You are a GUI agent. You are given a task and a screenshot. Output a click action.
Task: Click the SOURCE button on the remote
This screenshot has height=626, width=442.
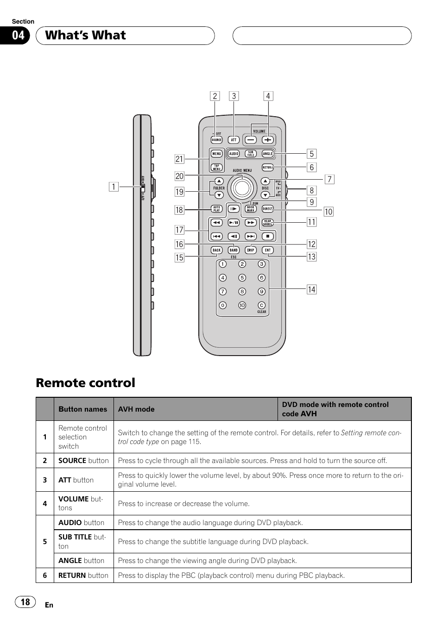[216, 140]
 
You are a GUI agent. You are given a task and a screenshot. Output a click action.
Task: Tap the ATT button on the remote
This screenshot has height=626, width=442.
[234, 140]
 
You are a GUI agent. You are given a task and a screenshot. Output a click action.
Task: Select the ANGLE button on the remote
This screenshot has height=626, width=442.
[268, 154]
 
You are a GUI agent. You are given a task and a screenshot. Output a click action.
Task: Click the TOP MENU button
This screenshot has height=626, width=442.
[216, 168]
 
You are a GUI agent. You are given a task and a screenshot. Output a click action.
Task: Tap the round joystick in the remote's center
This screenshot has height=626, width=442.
[242, 188]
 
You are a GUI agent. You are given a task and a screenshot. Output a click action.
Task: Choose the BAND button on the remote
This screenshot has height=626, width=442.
[234, 250]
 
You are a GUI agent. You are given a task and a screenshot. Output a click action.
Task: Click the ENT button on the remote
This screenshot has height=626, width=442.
[268, 250]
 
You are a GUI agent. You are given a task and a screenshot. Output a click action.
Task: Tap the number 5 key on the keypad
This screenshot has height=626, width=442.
[242, 278]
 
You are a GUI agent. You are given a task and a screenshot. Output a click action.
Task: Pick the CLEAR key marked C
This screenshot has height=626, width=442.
[262, 305]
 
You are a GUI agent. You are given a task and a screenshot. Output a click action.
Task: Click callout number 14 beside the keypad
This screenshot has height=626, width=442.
[312, 289]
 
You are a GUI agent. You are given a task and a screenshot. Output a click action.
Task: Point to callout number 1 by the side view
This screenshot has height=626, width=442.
[113, 187]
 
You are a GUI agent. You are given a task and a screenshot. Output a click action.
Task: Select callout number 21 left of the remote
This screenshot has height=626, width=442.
[179, 159]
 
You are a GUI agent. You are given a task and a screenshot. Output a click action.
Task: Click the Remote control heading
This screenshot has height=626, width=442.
[86, 383]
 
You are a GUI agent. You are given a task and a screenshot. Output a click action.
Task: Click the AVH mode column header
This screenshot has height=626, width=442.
[136, 409]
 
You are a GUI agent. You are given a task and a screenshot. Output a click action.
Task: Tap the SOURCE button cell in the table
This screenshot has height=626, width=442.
[83, 461]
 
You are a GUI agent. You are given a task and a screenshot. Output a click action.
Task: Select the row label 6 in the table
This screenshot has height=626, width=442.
[45, 576]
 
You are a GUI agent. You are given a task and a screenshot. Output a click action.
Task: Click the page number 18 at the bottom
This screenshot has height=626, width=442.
[25, 602]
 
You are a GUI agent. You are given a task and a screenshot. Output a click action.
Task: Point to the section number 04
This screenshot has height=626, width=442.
[18, 36]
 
